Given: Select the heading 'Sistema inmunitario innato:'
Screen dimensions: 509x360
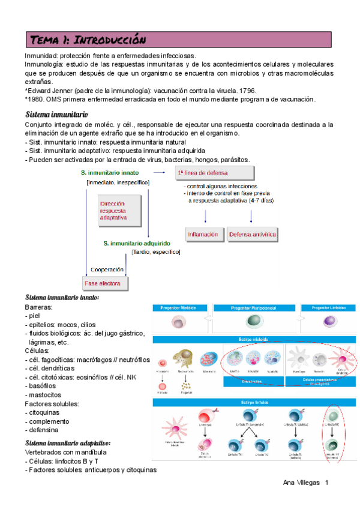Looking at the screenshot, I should click(x=62, y=298).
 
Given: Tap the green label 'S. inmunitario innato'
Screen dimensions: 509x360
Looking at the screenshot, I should click(x=110, y=173).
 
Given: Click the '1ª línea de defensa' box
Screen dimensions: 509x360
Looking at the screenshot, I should click(x=214, y=173).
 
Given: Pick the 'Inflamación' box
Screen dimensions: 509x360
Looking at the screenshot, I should click(x=203, y=234).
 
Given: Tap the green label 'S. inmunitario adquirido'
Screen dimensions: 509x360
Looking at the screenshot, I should click(x=137, y=243).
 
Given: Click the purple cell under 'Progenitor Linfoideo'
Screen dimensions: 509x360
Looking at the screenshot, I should click(x=330, y=323).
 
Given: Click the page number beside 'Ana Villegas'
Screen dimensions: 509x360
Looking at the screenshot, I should click(x=327, y=483).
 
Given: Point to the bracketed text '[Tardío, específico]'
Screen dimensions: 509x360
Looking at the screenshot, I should click(x=156, y=252).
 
